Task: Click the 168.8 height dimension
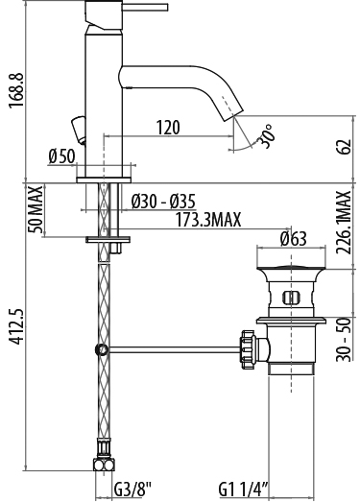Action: pos(16,90)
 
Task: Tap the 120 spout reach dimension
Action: pos(168,127)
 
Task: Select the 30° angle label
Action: pos(267,136)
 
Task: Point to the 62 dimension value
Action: pos(345,147)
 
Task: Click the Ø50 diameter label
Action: pos(61,156)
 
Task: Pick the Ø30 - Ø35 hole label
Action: pos(163,202)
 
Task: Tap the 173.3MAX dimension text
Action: pos(208,220)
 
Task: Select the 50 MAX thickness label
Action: pos(36,210)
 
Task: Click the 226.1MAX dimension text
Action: pos(344,223)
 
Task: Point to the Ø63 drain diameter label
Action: pos(294,238)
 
